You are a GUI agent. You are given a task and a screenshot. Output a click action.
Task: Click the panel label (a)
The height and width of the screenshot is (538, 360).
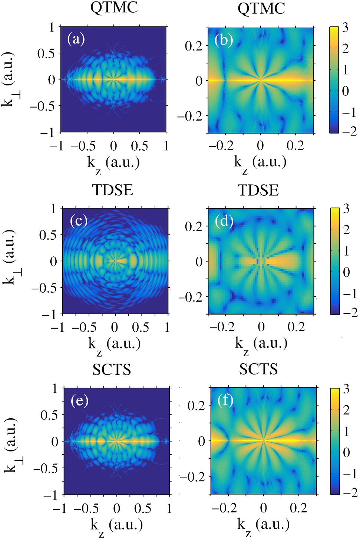76,39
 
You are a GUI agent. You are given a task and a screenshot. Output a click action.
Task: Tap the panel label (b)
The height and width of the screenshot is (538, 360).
224,39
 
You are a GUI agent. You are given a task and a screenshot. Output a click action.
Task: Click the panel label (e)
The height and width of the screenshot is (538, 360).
79,401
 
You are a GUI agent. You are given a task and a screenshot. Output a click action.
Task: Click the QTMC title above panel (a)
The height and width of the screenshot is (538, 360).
114,7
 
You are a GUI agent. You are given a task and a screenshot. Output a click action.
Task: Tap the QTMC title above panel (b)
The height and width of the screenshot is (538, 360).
261,8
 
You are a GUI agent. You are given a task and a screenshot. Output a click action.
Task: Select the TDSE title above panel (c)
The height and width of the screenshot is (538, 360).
112,190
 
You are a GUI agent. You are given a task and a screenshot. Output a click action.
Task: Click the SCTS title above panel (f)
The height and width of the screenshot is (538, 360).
258,369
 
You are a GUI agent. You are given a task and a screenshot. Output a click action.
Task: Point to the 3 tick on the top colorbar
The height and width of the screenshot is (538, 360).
345,27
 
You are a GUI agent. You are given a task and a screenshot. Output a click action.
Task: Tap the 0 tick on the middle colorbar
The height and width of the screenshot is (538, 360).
346,272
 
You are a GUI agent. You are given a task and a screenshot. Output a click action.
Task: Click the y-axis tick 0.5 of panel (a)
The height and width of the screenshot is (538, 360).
46,53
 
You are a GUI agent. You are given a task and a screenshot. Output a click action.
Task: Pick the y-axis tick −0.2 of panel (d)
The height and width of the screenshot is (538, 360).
190,297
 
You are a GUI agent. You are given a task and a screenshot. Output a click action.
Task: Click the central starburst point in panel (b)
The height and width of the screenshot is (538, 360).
261,80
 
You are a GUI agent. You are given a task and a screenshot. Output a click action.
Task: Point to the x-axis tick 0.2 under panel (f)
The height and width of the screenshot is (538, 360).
298,508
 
